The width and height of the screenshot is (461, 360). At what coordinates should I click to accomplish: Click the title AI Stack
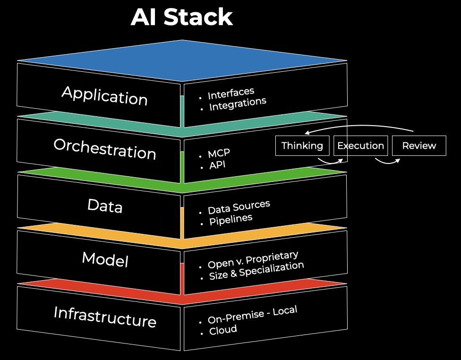click(182, 17)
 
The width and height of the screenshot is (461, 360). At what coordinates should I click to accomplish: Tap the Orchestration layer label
click(104, 149)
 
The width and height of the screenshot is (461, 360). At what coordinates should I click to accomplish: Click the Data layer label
click(105, 206)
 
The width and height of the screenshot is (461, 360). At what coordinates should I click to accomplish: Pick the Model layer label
click(105, 259)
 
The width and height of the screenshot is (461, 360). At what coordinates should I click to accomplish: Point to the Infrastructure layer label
click(104, 317)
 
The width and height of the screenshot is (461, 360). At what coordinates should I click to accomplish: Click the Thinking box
click(302, 146)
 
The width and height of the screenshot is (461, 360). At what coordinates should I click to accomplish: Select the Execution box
click(361, 146)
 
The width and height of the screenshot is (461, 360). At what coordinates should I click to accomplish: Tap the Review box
click(419, 146)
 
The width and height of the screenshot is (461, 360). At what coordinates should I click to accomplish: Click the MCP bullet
click(219, 154)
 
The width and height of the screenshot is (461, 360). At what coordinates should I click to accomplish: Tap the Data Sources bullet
click(239, 207)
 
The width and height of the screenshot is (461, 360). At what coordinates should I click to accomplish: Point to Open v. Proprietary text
click(253, 260)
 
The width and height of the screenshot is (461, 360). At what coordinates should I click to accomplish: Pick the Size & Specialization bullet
click(256, 271)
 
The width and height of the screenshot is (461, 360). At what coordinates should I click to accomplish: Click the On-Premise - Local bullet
click(252, 315)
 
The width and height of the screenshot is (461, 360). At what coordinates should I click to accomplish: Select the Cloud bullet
click(223, 330)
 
